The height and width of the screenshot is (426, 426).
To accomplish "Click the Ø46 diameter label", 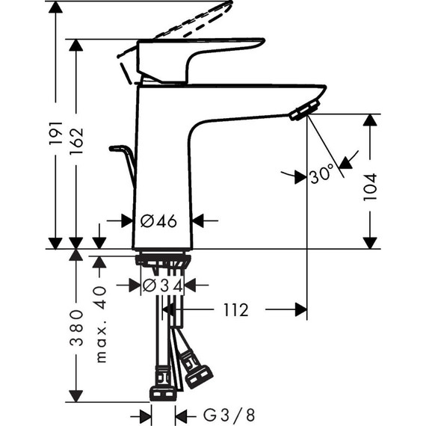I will click(158, 220).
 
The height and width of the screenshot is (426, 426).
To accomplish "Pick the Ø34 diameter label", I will click(162, 285).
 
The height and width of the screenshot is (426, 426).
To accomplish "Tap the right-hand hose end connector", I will click(198, 375).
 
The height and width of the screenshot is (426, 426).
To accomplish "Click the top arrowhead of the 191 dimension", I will click(55, 7).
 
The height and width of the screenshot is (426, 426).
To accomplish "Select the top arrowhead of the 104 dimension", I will click(370, 120).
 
